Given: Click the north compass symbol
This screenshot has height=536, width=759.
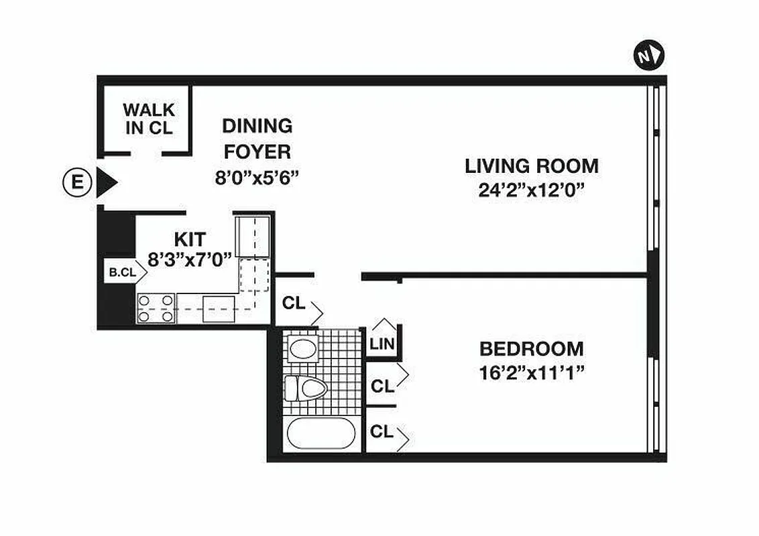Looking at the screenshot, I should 648,56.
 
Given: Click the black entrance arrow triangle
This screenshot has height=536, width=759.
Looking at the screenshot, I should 106,182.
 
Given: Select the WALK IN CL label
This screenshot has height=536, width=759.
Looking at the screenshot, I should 148,119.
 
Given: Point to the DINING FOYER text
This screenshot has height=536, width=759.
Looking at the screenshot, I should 257,137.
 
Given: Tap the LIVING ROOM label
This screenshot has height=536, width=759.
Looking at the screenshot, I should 531,165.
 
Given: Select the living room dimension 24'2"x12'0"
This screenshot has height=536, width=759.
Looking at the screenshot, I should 531,190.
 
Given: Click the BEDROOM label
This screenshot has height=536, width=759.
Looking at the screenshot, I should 531,349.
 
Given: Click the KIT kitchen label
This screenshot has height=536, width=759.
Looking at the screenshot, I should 190,238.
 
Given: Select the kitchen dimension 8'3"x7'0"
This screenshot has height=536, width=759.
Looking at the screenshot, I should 190,259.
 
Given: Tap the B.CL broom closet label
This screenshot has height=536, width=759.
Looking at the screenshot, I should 122,273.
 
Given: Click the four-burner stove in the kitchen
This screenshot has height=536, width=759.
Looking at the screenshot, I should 156,308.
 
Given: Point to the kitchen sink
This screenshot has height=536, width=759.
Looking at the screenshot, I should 219,308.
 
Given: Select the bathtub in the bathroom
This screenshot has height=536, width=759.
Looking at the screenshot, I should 320,433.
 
